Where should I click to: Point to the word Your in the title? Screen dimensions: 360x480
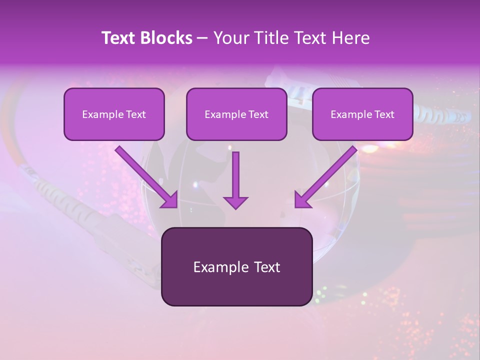tap(229, 38)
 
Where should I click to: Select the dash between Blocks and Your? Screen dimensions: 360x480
tap(202, 38)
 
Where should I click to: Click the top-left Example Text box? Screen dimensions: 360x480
tap(114, 114)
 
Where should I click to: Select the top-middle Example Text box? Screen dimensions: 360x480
tap(236, 114)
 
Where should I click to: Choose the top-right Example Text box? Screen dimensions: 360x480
tap(362, 114)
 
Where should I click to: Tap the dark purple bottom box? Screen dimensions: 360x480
tap(236, 266)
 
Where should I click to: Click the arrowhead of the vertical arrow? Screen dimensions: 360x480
tap(235, 202)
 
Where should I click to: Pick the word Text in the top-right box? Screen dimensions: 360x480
tap(384, 114)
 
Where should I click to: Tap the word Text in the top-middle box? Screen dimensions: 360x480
tap(258, 114)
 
